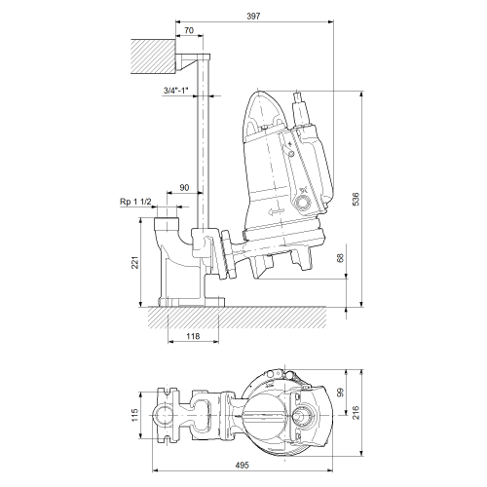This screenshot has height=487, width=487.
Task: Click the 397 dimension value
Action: (x=253, y=16)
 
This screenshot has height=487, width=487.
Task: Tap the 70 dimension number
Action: (x=189, y=30)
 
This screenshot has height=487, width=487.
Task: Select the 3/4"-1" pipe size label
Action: (x=175, y=91)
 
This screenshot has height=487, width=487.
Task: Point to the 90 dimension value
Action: (x=184, y=188)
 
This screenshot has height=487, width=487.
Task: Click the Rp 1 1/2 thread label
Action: (x=135, y=202)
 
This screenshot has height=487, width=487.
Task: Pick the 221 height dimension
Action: (x=135, y=262)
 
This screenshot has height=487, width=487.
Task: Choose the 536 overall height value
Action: (x=356, y=199)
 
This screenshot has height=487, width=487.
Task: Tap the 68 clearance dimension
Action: (x=340, y=258)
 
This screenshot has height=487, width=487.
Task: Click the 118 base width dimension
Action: (x=193, y=336)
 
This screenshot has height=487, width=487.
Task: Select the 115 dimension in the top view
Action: (x=135, y=415)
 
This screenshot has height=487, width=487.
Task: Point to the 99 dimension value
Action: (x=340, y=393)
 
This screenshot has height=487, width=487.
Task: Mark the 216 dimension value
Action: (x=356, y=412)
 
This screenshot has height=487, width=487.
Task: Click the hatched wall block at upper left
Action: (x=153, y=56)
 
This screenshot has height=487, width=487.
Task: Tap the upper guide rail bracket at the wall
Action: (x=193, y=62)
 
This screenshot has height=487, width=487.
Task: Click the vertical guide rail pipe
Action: (x=203, y=144)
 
